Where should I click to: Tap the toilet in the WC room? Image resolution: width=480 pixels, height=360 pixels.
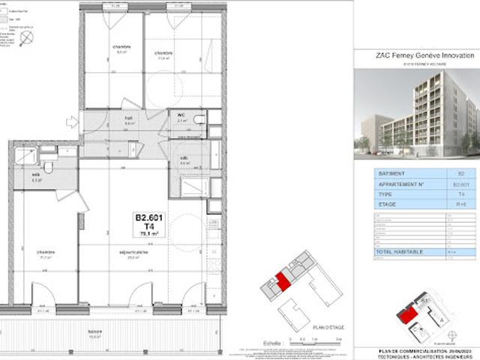pos(200,120)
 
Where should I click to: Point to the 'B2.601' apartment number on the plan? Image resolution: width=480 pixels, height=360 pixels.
pos(148,217)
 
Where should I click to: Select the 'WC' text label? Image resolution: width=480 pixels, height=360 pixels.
pos(181,115)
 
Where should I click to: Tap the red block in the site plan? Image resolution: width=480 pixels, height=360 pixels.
pos(405,315)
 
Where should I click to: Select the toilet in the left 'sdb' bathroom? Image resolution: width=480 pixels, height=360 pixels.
pos(48,166)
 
